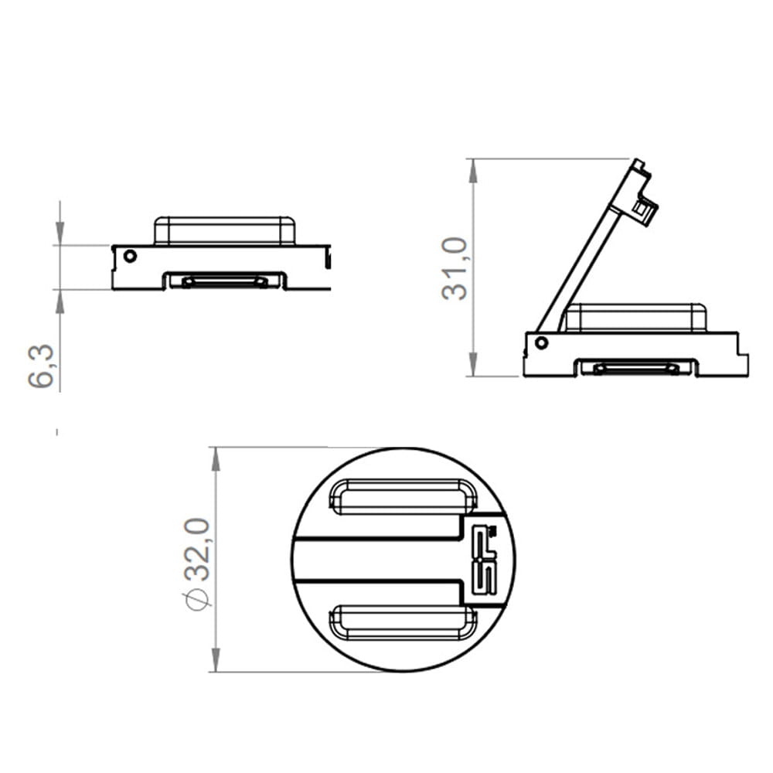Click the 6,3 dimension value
pyautogui.click(x=43, y=366)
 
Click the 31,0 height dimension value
pyautogui.click(x=455, y=268)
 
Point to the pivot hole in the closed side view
pyautogui.click(x=130, y=256)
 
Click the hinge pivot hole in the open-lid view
pyautogui.click(x=541, y=342)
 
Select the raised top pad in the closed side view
pyautogui.click(x=224, y=230)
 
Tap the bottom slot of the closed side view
pyautogui.click(x=225, y=281)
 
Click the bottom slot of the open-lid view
pyautogui.click(x=636, y=368)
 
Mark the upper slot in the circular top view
pyautogui.click(x=404, y=496)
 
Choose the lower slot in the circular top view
pyautogui.click(x=404, y=623)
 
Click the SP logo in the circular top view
pyautogui.click(x=485, y=560)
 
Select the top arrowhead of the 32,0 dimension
pyautogui.click(x=216, y=459)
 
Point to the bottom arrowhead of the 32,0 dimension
pyautogui.click(x=216, y=659)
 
